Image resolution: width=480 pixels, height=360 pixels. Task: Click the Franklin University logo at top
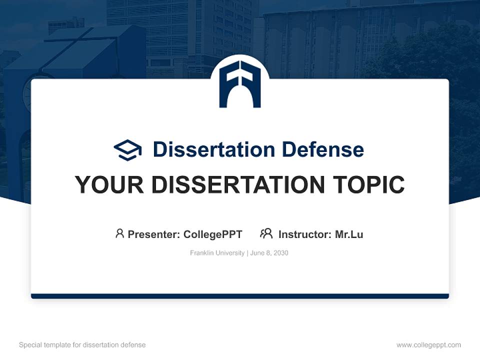[x=240, y=83]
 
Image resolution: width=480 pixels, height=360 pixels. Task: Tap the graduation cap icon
[x=127, y=149]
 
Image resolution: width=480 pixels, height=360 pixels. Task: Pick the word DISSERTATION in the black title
[x=238, y=185]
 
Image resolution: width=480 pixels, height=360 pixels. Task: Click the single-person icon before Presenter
[x=119, y=233]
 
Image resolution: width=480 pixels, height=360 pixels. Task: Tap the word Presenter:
[x=154, y=234]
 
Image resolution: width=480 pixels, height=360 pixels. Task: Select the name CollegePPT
[x=213, y=234]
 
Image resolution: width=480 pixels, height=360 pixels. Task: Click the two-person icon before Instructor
[x=266, y=233]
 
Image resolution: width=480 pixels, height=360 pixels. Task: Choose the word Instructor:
[x=304, y=234]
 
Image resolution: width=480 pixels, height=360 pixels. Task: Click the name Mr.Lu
[x=349, y=234]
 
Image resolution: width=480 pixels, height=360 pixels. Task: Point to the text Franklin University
[x=217, y=253]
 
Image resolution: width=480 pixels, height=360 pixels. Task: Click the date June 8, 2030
[x=269, y=253]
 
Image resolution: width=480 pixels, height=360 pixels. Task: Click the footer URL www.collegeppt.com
[x=428, y=345]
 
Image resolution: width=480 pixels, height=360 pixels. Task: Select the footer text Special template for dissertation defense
[x=82, y=345]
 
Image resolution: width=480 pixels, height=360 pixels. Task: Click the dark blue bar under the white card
[x=240, y=296]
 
